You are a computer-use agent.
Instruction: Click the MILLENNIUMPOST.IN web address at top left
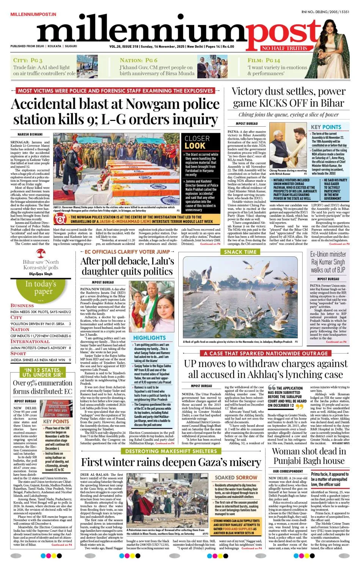pos(33,14)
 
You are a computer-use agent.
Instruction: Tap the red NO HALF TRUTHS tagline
pos(284,48)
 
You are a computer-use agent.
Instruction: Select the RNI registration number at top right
pos(325,12)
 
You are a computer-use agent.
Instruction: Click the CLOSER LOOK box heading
pos(197,142)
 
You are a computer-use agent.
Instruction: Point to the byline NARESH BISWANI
pos(30,134)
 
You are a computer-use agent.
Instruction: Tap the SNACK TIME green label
pos(240,251)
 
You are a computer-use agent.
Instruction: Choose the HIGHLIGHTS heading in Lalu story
pos(149,337)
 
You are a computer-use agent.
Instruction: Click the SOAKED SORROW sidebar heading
pos(236,477)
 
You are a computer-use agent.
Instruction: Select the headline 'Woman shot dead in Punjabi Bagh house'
pos(309,456)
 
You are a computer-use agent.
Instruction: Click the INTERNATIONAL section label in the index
pos(30,341)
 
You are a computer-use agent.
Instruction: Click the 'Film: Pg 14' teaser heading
pos(264,60)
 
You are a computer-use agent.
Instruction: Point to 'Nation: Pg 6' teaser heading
pos(138,60)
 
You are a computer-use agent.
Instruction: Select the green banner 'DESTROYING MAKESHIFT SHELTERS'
pos(171,451)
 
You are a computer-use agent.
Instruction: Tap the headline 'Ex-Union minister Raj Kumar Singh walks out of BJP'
pos(328,262)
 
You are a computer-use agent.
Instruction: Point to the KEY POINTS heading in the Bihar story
pos(326,127)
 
